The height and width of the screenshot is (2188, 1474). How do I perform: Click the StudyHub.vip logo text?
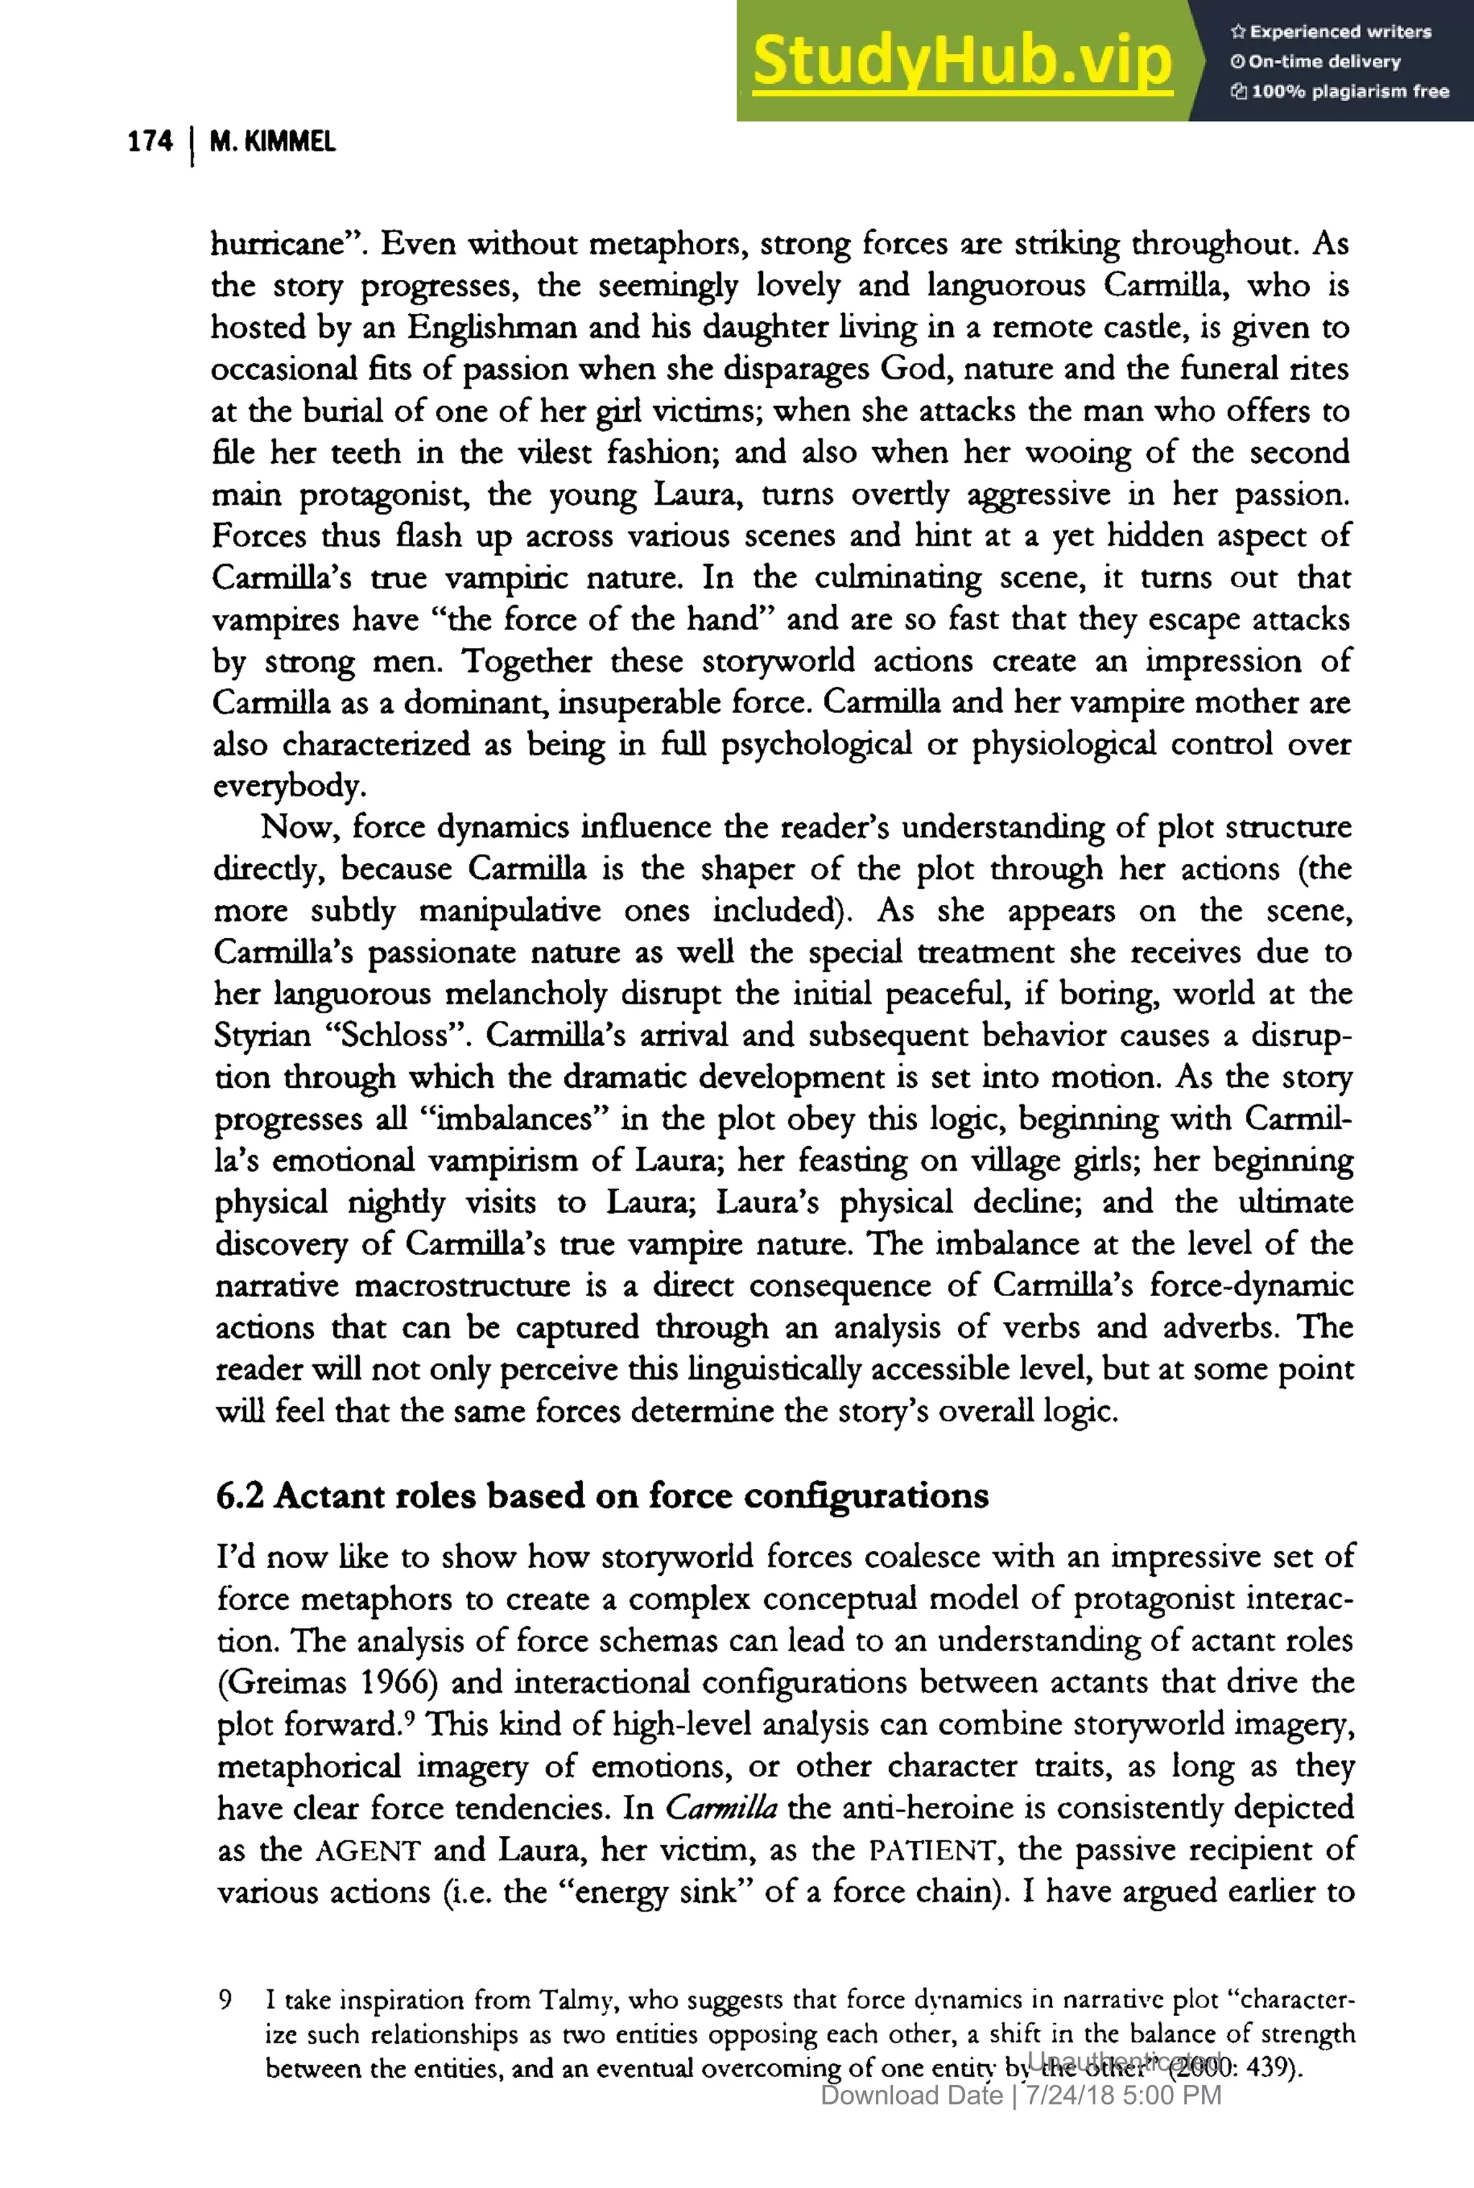point(962,61)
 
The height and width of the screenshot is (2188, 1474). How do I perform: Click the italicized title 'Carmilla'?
point(721,1807)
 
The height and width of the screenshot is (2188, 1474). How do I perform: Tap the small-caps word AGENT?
point(368,1851)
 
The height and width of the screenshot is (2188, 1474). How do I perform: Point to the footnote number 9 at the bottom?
point(225,1999)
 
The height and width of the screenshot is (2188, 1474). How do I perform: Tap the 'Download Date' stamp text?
point(911,2095)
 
